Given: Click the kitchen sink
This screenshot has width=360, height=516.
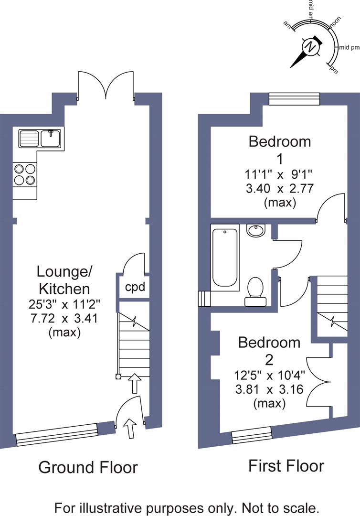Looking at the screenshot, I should [40, 139].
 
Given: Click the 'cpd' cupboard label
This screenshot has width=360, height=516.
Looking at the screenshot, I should [135, 288].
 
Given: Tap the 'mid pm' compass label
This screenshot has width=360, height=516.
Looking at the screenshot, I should [349, 47].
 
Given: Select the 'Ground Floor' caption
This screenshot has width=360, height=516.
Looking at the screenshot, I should [88, 467].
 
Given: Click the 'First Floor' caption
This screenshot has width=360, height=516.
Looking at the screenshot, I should [286, 465].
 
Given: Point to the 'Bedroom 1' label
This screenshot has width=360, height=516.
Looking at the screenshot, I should [280, 149].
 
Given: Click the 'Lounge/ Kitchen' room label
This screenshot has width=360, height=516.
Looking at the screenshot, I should [64, 280].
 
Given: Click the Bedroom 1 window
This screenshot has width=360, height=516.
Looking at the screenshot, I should [294, 98].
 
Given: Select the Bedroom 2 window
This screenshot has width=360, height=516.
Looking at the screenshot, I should [252, 435].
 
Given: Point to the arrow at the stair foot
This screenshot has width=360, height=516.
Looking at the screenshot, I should [135, 383].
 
